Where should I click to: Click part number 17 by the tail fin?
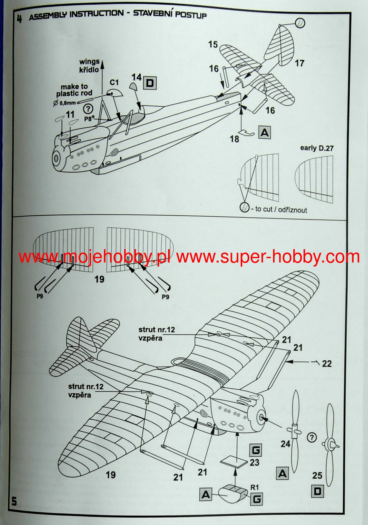coord(299,63)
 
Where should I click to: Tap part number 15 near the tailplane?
coord(213,44)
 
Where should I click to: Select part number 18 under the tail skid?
coord(234,139)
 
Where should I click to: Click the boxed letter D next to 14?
coord(150,83)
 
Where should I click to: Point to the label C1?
coord(114,83)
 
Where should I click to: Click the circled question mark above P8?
coord(88,109)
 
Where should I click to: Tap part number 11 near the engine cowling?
coord(70,114)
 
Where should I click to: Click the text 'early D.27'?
coord(317,148)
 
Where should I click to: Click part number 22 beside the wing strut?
coord(327,364)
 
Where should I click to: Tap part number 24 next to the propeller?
coord(285,443)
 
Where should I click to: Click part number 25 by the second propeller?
coord(317,476)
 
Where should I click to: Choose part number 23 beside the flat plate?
coord(254,462)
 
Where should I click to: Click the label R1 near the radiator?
coord(255,487)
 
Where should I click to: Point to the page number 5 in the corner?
coord(14,501)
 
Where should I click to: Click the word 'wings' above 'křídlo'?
coord(89,62)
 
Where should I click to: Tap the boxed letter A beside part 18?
coord(265,133)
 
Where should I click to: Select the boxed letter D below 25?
coord(317,491)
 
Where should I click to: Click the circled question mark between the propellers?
coord(312,438)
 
